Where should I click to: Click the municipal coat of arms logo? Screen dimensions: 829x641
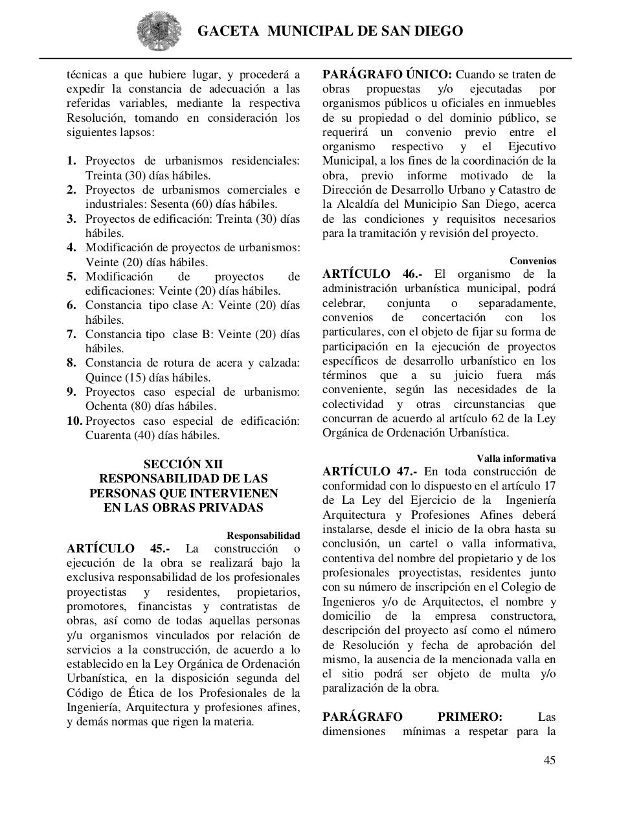(x=155, y=31)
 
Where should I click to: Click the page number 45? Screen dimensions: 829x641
(x=549, y=760)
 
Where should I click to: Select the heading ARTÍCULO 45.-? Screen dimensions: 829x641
(x=118, y=549)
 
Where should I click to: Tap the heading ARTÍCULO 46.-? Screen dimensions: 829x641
(x=374, y=274)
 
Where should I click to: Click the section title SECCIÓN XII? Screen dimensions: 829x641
(x=183, y=464)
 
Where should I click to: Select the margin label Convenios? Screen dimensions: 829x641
(x=532, y=261)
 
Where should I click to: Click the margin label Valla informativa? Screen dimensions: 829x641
(x=516, y=459)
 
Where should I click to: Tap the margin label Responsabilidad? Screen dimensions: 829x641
(x=263, y=536)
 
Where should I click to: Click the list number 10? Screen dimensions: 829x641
(x=74, y=421)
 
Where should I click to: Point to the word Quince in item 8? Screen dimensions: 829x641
(x=103, y=378)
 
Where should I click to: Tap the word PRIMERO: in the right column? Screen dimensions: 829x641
(x=469, y=717)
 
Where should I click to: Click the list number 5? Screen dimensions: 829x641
(x=71, y=277)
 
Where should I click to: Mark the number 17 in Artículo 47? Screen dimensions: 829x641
(x=548, y=486)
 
